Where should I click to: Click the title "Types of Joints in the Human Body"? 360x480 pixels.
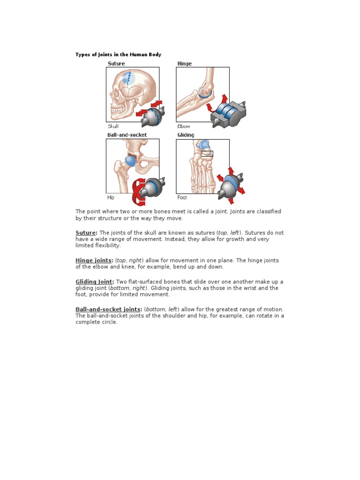(x=118, y=55)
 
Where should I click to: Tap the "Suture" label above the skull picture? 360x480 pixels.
(x=116, y=63)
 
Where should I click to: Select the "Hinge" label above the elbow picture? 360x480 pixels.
(x=184, y=63)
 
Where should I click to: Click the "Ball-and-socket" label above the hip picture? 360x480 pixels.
(x=127, y=135)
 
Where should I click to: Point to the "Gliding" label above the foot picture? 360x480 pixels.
(x=186, y=135)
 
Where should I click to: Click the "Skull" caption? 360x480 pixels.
(x=113, y=126)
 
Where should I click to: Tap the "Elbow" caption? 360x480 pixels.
(x=183, y=126)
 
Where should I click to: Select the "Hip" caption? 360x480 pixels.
(x=111, y=197)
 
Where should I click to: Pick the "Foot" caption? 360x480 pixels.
(x=182, y=197)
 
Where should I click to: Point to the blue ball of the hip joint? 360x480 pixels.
(x=131, y=161)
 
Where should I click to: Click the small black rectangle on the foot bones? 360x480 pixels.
(x=207, y=153)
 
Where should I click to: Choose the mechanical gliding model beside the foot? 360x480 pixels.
(x=231, y=185)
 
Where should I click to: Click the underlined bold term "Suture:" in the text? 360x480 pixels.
(x=87, y=233)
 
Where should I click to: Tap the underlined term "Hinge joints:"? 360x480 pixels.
(x=94, y=261)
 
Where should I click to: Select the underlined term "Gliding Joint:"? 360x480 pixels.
(x=95, y=282)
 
